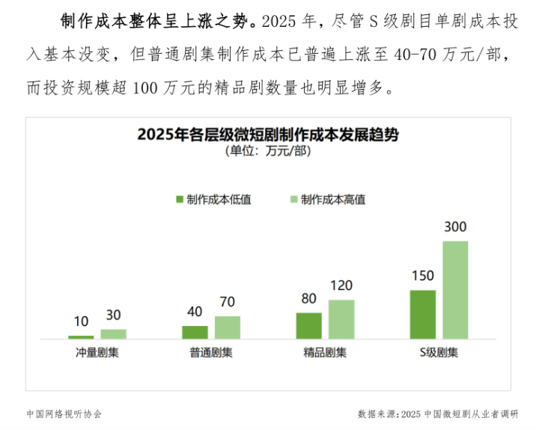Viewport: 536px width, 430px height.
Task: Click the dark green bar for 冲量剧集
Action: coord(81,337)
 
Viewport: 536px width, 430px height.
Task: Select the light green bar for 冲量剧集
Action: coord(114,334)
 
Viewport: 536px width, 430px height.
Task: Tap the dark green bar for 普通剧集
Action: coord(195,333)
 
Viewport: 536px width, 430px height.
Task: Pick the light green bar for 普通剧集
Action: coord(228,328)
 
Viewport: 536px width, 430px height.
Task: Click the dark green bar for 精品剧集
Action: coord(308,326)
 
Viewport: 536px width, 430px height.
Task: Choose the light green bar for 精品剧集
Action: coord(341,320)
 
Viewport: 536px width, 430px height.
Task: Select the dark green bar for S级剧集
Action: coord(422,315)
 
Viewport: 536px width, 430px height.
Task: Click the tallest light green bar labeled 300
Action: coord(455,290)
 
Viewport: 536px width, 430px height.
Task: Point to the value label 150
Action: coord(422,276)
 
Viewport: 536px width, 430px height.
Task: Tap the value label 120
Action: coord(341,286)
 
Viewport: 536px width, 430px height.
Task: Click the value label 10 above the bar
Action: coord(81,322)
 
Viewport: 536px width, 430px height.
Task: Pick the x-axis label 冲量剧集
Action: coord(97,353)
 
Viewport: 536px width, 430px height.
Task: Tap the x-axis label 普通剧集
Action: coord(211,353)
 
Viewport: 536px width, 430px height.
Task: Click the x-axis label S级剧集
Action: coord(439,353)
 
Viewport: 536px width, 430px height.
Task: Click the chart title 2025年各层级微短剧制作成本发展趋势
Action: coord(268,135)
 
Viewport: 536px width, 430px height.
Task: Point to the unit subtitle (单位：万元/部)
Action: coord(268,152)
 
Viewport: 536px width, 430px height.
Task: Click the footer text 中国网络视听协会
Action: coord(63,413)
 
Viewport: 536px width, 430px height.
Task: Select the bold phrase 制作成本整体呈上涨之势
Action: coord(160,21)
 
